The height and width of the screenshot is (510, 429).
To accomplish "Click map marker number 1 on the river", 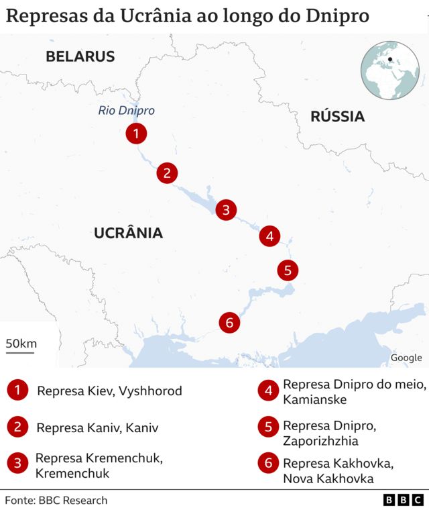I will pyautogui.click(x=136, y=134).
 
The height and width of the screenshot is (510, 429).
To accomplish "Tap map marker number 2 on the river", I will pyautogui.click(x=167, y=173).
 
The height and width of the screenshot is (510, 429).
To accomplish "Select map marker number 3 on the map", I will pyautogui.click(x=226, y=210).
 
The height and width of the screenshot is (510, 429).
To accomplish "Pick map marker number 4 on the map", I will pyautogui.click(x=269, y=236).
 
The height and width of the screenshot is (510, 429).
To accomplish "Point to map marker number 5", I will pyautogui.click(x=288, y=270).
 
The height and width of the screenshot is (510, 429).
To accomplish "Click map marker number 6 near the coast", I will pyautogui.click(x=229, y=323).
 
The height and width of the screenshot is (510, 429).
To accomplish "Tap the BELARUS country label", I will pyautogui.click(x=80, y=56).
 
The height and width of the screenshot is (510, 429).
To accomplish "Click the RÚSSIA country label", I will pyautogui.click(x=337, y=117).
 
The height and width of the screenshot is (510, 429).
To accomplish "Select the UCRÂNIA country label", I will pyautogui.click(x=128, y=233).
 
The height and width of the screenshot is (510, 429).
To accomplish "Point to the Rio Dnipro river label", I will pyautogui.click(x=126, y=111).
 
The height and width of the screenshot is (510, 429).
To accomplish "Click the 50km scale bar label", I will pyautogui.click(x=21, y=344).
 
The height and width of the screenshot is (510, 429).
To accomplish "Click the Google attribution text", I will pyautogui.click(x=406, y=358).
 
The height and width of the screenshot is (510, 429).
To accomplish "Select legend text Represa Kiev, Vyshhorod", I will pyautogui.click(x=109, y=391).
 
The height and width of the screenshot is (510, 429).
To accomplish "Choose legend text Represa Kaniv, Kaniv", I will pyautogui.click(x=97, y=427).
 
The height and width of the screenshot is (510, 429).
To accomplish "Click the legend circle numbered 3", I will pyautogui.click(x=17, y=463).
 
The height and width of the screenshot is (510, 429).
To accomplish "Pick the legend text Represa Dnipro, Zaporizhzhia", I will pyautogui.click(x=330, y=433).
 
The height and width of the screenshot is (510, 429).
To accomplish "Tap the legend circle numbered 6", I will pyautogui.click(x=269, y=463).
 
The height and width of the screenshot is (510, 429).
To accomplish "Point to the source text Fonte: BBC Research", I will pyautogui.click(x=56, y=500).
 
